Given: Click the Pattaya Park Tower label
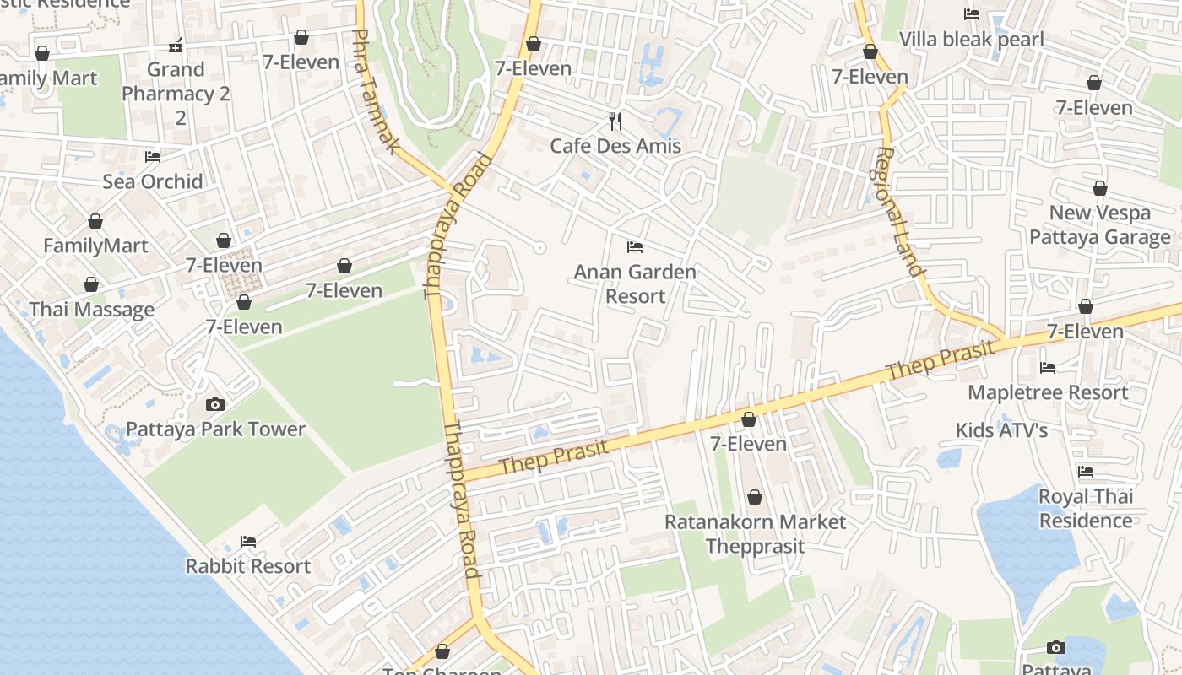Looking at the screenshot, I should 215,429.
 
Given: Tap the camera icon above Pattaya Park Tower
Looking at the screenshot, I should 215,404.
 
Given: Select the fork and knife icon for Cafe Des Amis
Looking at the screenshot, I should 615,121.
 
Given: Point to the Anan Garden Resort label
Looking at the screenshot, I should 635,283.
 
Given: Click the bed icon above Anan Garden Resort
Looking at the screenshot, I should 635,247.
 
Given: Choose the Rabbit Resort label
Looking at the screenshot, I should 248,566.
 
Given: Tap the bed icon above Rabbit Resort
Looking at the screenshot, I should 248,542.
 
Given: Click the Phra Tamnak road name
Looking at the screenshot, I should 374,91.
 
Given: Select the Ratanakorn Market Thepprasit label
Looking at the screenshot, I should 754,533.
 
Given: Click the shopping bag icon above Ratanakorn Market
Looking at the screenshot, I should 754,498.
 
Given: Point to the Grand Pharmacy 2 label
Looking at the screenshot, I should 176,93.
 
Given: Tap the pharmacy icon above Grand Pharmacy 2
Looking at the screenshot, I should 176,45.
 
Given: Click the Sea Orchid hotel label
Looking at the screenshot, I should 153,181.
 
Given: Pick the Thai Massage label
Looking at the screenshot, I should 92,310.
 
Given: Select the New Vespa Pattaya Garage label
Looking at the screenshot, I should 1099,224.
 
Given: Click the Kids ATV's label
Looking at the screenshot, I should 1001,430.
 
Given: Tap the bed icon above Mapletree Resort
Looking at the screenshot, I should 1048,367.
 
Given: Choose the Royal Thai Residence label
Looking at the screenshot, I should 1086,508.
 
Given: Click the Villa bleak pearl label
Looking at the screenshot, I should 971,39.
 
